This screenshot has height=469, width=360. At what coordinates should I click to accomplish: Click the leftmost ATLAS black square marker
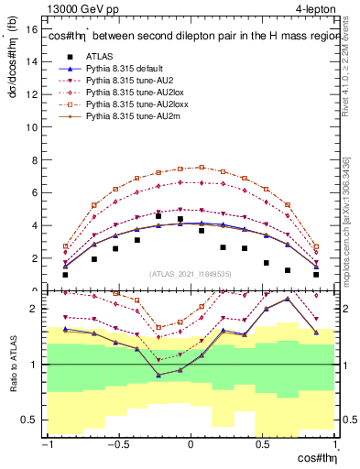tap(65, 274)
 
